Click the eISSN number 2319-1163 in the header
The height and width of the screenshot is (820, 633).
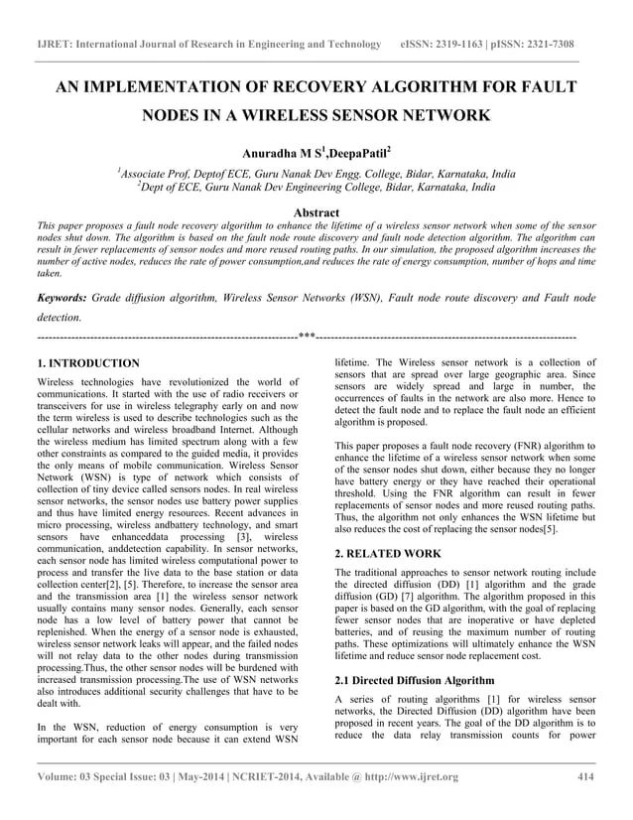(467, 45)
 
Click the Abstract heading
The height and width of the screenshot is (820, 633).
(312, 212)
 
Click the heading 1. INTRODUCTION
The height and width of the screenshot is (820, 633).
(87, 363)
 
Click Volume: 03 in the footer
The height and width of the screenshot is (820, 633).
(66, 776)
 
